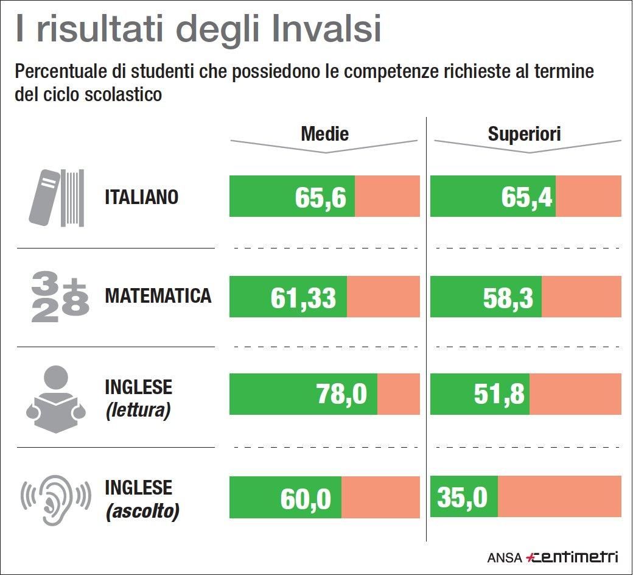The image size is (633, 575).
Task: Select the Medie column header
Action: click(x=325, y=134)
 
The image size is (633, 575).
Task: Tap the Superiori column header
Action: click(x=524, y=134)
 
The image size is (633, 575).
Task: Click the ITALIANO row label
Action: click(x=142, y=197)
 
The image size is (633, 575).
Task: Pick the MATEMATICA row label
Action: click(x=158, y=296)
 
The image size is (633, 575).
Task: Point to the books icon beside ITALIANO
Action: click(x=57, y=197)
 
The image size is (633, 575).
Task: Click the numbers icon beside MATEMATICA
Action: click(x=60, y=297)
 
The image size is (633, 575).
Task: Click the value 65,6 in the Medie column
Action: click(x=320, y=197)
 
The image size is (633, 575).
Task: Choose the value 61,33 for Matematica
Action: click(x=303, y=298)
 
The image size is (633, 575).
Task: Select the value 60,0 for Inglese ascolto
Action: click(x=306, y=499)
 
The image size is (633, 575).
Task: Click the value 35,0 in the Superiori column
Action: click(x=462, y=498)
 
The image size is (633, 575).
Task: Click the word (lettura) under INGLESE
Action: click(x=138, y=410)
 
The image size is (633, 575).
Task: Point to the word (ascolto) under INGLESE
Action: click(x=142, y=511)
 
